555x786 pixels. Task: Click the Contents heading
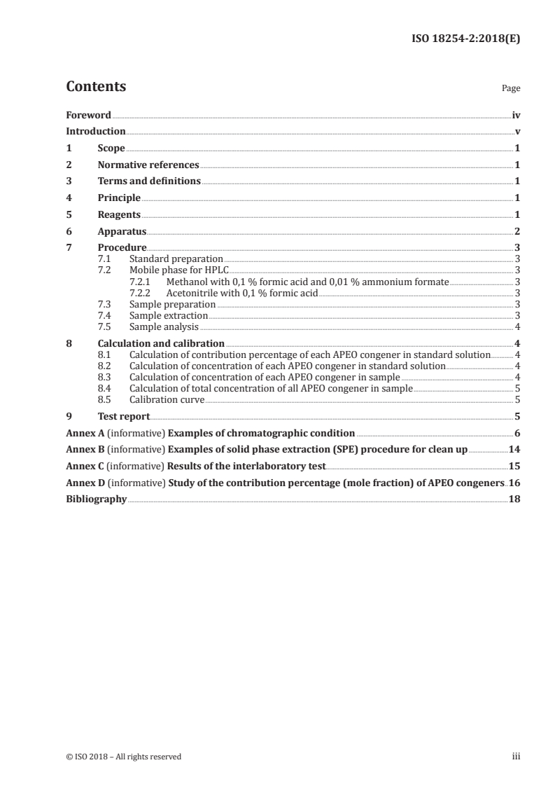point(96,88)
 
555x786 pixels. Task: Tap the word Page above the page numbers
point(511,89)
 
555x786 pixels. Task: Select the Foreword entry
point(88,115)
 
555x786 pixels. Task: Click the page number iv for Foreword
point(516,115)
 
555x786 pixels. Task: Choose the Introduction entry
point(95,132)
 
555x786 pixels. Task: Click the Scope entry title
point(111,149)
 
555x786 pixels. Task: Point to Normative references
point(148,165)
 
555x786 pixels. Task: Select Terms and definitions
point(149,181)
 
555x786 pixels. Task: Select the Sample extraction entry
point(169,316)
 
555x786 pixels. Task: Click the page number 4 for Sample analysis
point(517,327)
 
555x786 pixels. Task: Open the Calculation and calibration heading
point(161,344)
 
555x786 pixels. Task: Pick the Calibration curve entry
point(167,400)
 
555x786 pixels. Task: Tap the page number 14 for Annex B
point(514,449)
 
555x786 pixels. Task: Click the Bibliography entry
point(96,499)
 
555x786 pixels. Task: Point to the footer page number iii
point(516,756)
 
